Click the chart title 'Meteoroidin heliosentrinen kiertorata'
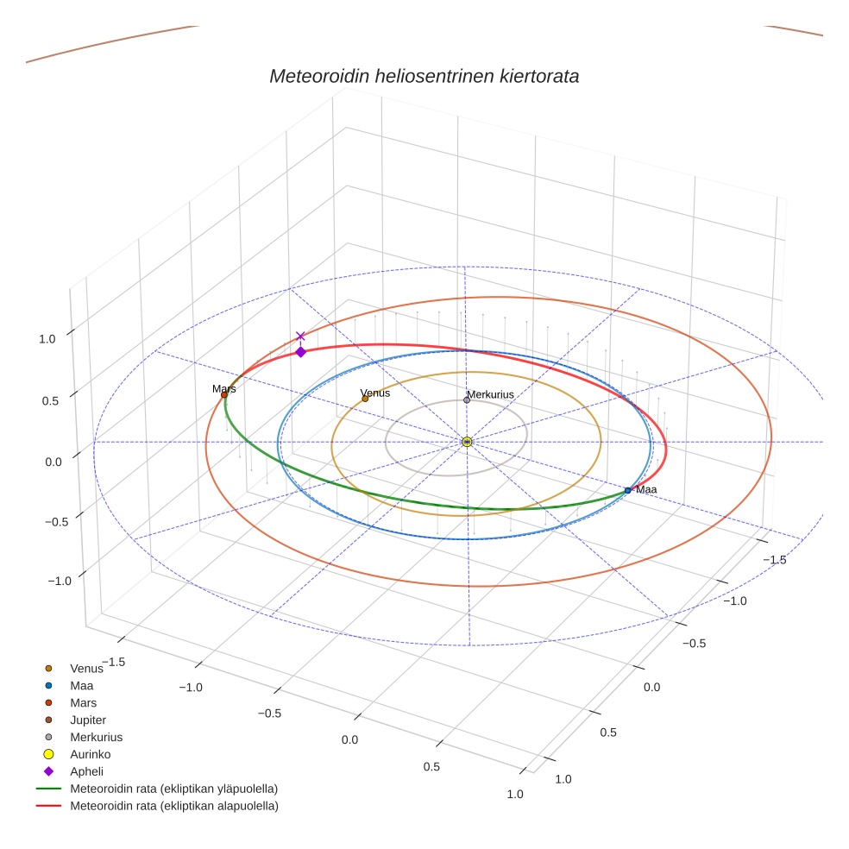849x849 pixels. point(424,76)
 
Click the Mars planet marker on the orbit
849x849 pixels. point(224,395)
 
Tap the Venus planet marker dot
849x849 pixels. point(365,399)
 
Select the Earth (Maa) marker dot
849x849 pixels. point(627,490)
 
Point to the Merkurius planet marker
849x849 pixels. point(467,399)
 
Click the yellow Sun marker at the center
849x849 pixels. point(467,442)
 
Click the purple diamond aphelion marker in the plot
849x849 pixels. point(300,351)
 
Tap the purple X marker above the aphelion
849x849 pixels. point(300,336)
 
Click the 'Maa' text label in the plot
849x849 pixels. point(646,489)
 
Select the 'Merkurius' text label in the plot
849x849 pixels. point(490,394)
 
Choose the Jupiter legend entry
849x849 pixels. point(88,720)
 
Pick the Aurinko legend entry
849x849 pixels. point(90,754)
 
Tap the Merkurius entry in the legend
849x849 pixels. point(96,737)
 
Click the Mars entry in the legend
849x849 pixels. point(83,702)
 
